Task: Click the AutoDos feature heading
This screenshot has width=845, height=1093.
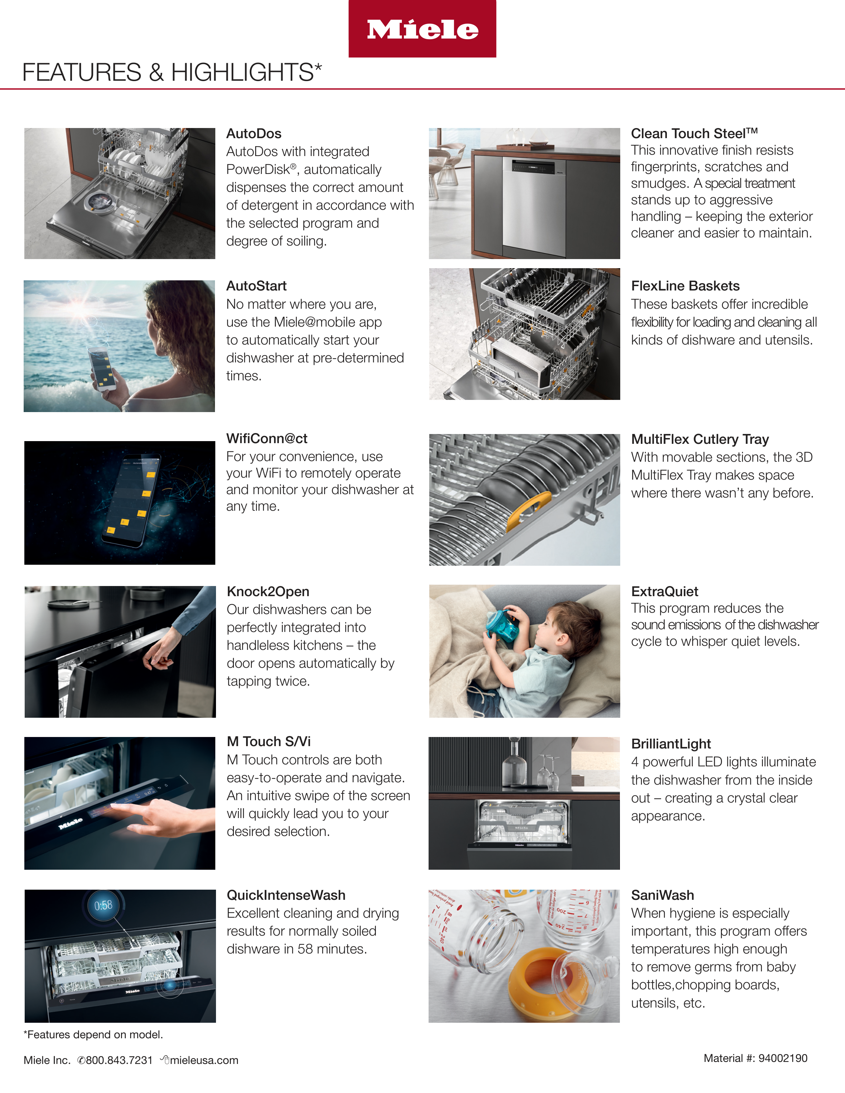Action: click(254, 134)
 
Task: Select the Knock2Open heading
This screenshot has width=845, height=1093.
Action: click(268, 591)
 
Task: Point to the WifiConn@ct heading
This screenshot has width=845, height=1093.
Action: click(266, 438)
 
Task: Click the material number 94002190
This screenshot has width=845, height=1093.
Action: click(782, 1058)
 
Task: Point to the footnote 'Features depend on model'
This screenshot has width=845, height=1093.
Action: click(93, 1035)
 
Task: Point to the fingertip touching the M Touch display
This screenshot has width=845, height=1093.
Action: click(114, 805)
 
